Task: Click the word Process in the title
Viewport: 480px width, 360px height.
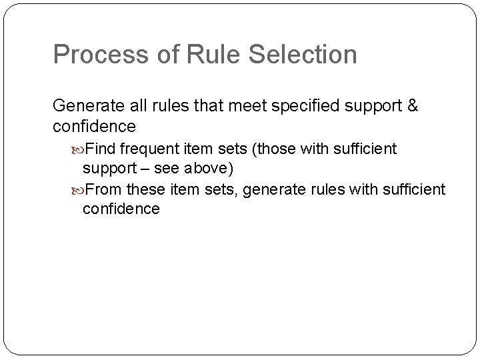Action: (x=98, y=55)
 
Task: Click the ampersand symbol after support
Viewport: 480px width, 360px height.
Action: (x=411, y=107)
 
